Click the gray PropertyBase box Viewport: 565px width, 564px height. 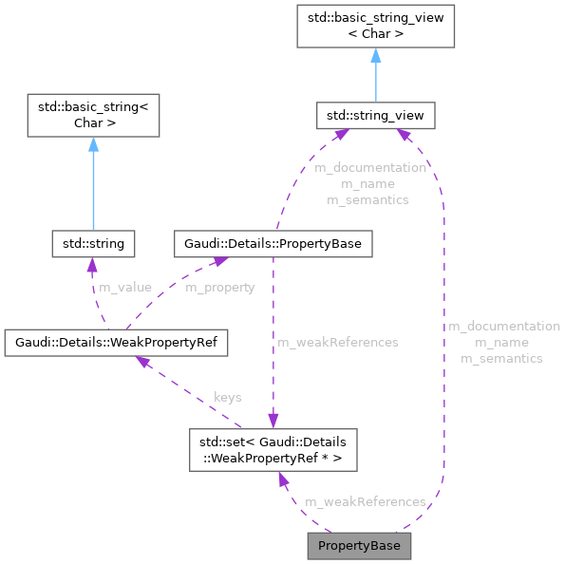[359, 546]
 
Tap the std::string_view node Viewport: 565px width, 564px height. [375, 117]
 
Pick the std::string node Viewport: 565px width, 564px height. [92, 244]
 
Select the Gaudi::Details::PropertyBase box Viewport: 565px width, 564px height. [272, 244]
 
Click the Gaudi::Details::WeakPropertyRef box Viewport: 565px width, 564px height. [116, 342]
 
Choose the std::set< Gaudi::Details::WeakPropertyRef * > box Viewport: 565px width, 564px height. [273, 449]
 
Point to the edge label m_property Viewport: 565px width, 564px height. [219, 287]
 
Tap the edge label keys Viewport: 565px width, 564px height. [227, 396]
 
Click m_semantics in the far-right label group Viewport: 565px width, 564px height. [501, 358]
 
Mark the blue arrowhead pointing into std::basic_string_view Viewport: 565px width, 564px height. [375, 56]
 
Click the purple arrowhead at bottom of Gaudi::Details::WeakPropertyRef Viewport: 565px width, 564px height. [140, 362]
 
